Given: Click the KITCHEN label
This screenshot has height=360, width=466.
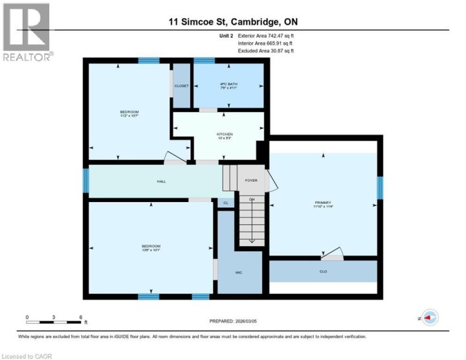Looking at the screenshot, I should (x=225, y=135).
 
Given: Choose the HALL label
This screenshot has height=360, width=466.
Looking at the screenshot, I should (x=161, y=181).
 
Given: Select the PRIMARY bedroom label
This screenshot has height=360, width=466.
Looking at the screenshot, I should (x=322, y=204).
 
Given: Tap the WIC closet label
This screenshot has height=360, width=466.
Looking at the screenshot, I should (x=238, y=273).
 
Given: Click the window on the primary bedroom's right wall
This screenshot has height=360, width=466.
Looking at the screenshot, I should (x=381, y=188).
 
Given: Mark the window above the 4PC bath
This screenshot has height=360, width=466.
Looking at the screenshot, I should (x=205, y=61).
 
